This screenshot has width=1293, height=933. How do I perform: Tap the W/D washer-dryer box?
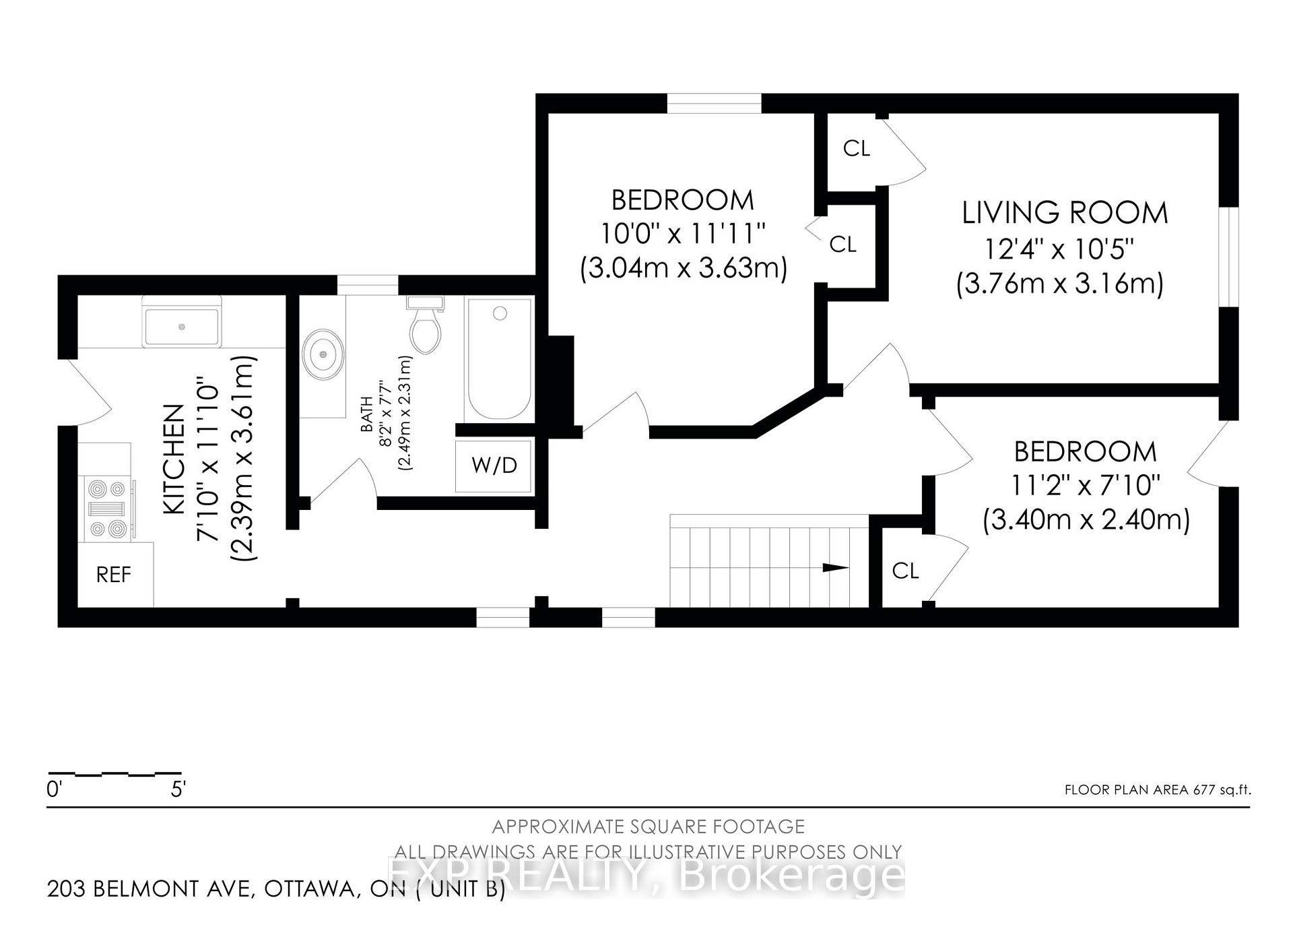pyautogui.click(x=494, y=465)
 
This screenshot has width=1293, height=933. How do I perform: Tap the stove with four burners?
pyautogui.click(x=108, y=509)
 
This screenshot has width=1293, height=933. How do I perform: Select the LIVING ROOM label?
pyautogui.click(x=1065, y=213)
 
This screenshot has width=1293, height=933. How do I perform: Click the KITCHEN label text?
pyautogui.click(x=174, y=459)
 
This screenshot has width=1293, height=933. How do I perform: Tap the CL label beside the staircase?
pyautogui.click(x=905, y=571)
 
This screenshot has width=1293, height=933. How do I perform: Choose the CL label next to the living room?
pyautogui.click(x=857, y=148)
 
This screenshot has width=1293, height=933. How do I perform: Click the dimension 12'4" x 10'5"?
pyautogui.click(x=1060, y=249)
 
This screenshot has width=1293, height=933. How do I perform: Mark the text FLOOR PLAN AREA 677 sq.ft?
pyautogui.click(x=1158, y=790)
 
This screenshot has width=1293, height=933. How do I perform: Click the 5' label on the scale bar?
pyautogui.click(x=178, y=789)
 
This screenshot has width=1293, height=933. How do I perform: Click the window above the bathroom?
pyautogui.click(x=368, y=285)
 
